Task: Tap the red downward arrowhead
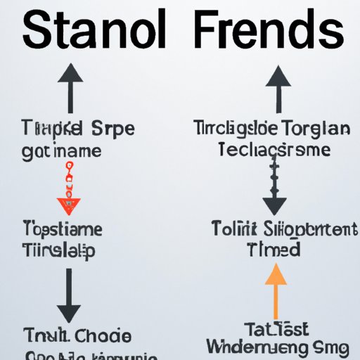68,206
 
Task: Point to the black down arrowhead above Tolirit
274,205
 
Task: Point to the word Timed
274,249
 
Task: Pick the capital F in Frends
207,31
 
